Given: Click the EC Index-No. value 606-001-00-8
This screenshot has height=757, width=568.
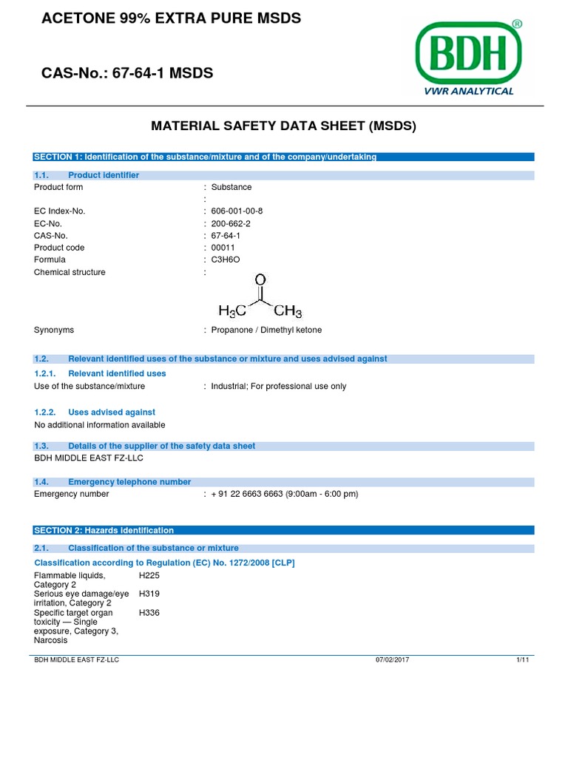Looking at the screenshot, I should click(237, 211).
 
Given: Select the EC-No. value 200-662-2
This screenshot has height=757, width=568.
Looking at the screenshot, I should click(231, 223).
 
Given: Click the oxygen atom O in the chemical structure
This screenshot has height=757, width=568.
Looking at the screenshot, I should click(260, 281).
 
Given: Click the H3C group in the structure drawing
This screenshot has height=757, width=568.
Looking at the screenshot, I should click(231, 312).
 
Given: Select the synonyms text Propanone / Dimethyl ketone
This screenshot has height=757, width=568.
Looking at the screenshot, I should click(266, 330).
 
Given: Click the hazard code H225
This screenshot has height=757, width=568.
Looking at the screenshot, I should click(149, 575).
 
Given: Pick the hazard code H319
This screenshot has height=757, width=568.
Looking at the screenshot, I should click(149, 594).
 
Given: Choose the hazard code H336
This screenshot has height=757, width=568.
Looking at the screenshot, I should click(149, 613).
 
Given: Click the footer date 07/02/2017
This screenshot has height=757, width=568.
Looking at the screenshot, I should click(392, 660).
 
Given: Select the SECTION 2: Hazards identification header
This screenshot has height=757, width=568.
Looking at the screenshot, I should click(104, 530).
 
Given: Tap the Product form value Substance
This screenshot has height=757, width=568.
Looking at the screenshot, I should click(231, 187).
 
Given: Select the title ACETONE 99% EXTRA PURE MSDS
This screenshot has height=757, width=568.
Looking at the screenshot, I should click(172, 18).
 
